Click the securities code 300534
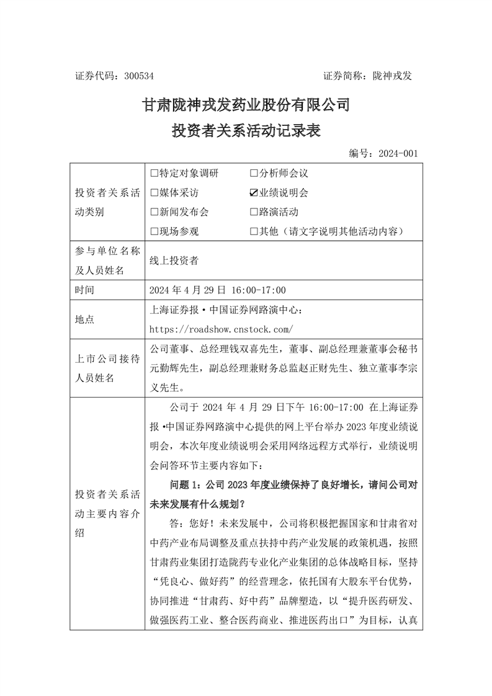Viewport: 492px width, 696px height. click(138, 76)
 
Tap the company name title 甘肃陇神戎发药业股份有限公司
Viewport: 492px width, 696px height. click(247, 105)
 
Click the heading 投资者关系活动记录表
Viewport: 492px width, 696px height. click(247, 131)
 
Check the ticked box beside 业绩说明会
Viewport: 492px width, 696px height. click(254, 193)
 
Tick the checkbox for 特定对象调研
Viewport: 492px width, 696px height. click(154, 174)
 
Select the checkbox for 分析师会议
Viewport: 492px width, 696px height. click(254, 174)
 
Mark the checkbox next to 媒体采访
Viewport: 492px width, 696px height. click(154, 193)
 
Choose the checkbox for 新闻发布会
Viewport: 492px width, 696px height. click(154, 212)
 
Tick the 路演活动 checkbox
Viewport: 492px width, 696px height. click(254, 212)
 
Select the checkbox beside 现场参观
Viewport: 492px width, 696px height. click(154, 232)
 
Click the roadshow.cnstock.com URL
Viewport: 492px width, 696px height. click(221, 329)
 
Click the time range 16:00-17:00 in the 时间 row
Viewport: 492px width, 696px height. click(259, 290)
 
